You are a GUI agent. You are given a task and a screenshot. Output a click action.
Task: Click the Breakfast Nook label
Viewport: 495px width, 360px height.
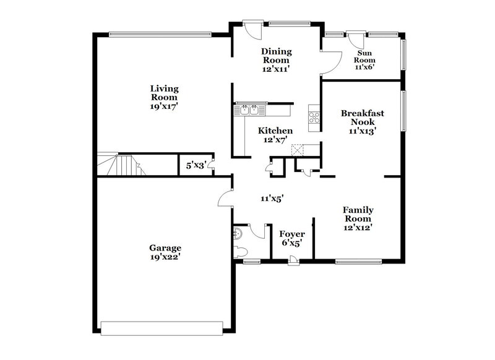coord(363,118)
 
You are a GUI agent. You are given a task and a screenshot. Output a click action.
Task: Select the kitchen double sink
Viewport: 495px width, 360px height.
coord(249,110)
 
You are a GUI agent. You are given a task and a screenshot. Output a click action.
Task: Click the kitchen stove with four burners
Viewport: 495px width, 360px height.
coord(314,114)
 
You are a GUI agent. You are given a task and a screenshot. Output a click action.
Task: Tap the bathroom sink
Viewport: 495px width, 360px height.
coord(238,233)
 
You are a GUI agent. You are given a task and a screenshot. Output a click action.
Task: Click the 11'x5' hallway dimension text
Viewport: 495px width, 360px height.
coord(272,199)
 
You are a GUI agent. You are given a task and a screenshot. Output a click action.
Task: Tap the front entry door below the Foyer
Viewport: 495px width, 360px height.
coord(292,262)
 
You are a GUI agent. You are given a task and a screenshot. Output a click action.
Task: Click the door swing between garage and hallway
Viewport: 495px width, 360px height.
coord(225,196)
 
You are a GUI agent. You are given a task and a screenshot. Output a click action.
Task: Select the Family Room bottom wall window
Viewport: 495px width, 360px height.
coord(361,260)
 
